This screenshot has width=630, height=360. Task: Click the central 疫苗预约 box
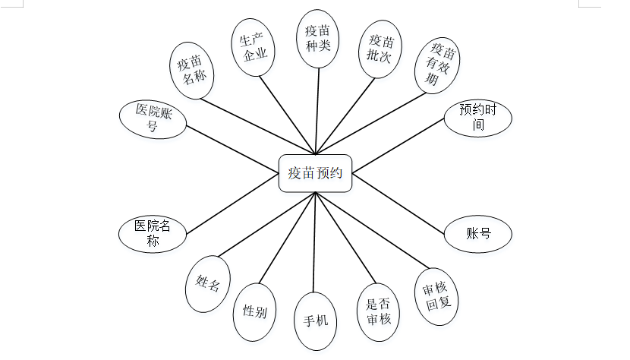pyautogui.click(x=315, y=172)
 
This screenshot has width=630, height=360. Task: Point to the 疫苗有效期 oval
pyautogui.click(x=438, y=65)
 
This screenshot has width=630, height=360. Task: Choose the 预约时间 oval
pyautogui.click(x=478, y=117)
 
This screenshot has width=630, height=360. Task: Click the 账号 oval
pyautogui.click(x=477, y=234)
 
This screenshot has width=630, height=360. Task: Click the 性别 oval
pyautogui.click(x=254, y=311)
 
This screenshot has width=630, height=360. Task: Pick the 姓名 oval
pyautogui.click(x=207, y=285)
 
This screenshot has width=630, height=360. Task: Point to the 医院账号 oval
pyautogui.click(x=153, y=118)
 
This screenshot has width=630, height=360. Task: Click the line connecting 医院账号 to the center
pyautogui.click(x=232, y=141)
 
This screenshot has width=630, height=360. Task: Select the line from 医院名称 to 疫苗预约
pyautogui.click(x=232, y=207)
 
